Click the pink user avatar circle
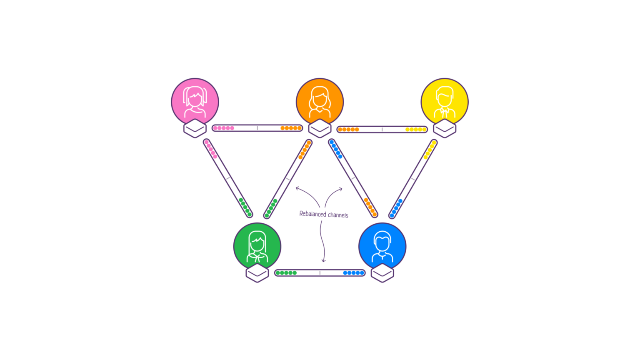[195, 101]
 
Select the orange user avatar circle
[320, 101]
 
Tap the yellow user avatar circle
[445, 101]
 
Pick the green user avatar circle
[257, 246]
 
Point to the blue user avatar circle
[382, 246]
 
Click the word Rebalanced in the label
[312, 214]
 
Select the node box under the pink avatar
[195, 128]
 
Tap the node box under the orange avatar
[320, 128]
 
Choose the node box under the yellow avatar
[445, 128]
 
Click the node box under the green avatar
[257, 273]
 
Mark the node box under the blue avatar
[382, 273]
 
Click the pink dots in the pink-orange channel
[223, 128]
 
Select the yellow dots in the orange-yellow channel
[416, 130]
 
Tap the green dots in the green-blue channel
[286, 273]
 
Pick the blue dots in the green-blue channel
[353, 273]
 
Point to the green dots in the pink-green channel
[245, 207]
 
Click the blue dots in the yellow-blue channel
[396, 208]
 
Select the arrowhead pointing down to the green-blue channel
[323, 260]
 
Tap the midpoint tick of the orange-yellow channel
[382, 130]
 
